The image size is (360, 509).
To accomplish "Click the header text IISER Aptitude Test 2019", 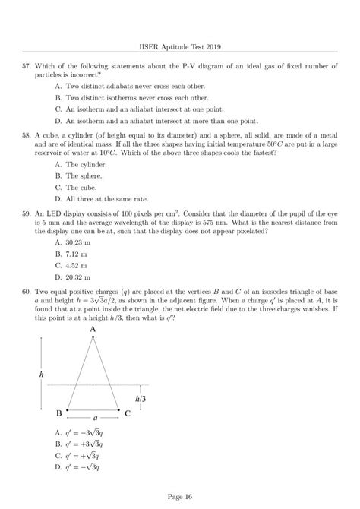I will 180,46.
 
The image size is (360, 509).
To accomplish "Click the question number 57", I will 28,66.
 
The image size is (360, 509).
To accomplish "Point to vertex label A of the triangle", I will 93,351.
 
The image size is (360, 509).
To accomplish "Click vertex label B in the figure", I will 58,413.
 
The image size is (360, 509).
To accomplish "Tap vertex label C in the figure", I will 128,413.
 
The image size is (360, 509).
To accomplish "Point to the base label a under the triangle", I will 93,418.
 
